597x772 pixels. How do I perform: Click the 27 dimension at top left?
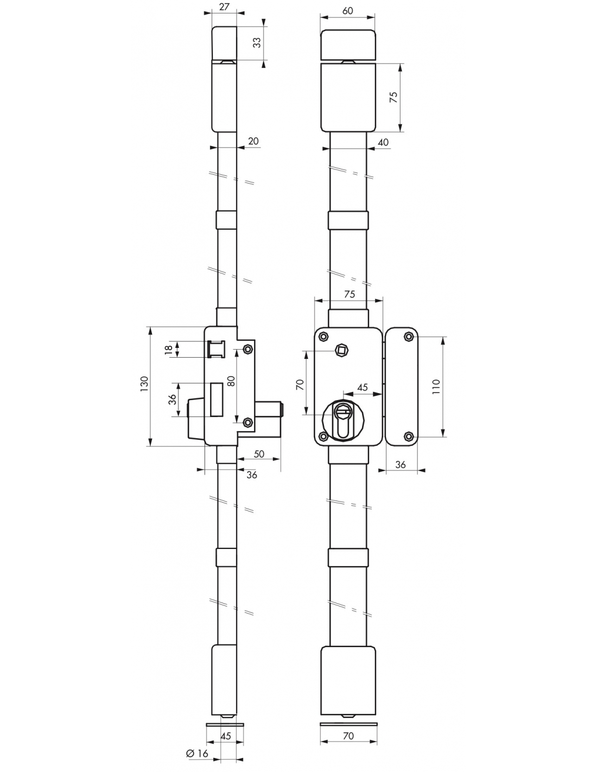click(x=225, y=7)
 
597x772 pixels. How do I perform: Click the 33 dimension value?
click(x=257, y=43)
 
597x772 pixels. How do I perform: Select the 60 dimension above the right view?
click(x=348, y=11)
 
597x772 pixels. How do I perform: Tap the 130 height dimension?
click(x=144, y=384)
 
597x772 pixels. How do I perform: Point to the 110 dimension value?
click(x=436, y=387)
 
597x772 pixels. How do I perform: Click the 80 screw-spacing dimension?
click(x=231, y=381)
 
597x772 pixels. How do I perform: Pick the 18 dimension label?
click(x=169, y=349)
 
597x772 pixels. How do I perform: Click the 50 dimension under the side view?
click(x=259, y=454)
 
